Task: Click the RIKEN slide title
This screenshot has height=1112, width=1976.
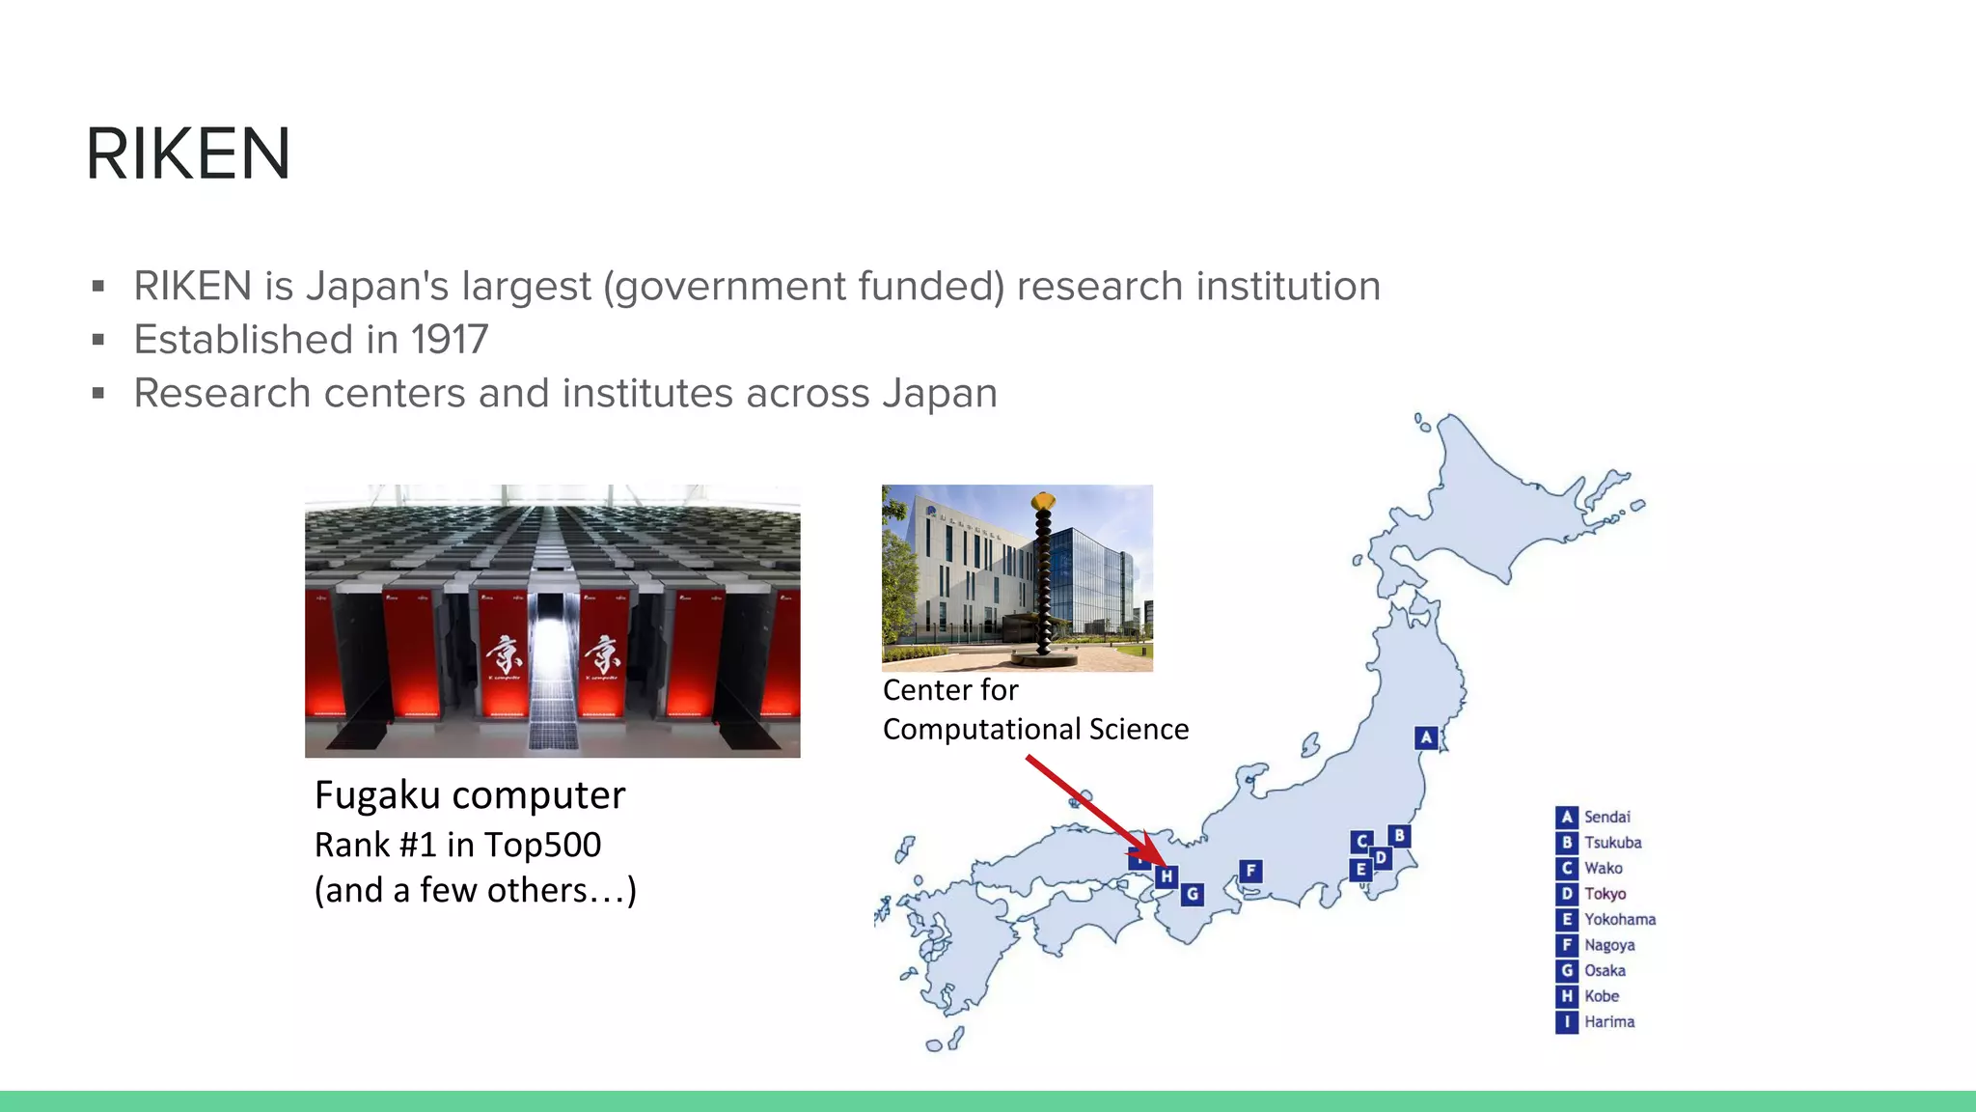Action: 188,154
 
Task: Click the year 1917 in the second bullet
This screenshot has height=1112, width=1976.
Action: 449,340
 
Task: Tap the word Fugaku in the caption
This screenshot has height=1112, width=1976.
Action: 377,795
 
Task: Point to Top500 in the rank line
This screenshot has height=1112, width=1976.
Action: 542,845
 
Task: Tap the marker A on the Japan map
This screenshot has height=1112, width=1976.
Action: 1426,737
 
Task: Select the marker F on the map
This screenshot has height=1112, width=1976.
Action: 1250,871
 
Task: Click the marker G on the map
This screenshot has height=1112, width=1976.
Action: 1193,894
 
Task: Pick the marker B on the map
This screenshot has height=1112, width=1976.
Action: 1399,835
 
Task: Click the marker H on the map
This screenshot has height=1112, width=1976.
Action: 1166,876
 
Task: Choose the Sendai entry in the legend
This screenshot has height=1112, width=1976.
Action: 1606,817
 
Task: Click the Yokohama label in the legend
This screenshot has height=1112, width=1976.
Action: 1619,919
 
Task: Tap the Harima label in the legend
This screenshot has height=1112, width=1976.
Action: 1608,1021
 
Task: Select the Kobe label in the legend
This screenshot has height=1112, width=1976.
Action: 1601,996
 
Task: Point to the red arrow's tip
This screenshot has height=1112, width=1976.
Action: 1163,864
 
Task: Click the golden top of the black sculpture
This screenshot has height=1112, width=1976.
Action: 1043,501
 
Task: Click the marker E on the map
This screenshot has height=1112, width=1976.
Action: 1360,869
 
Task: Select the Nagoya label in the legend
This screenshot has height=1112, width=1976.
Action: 1608,945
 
